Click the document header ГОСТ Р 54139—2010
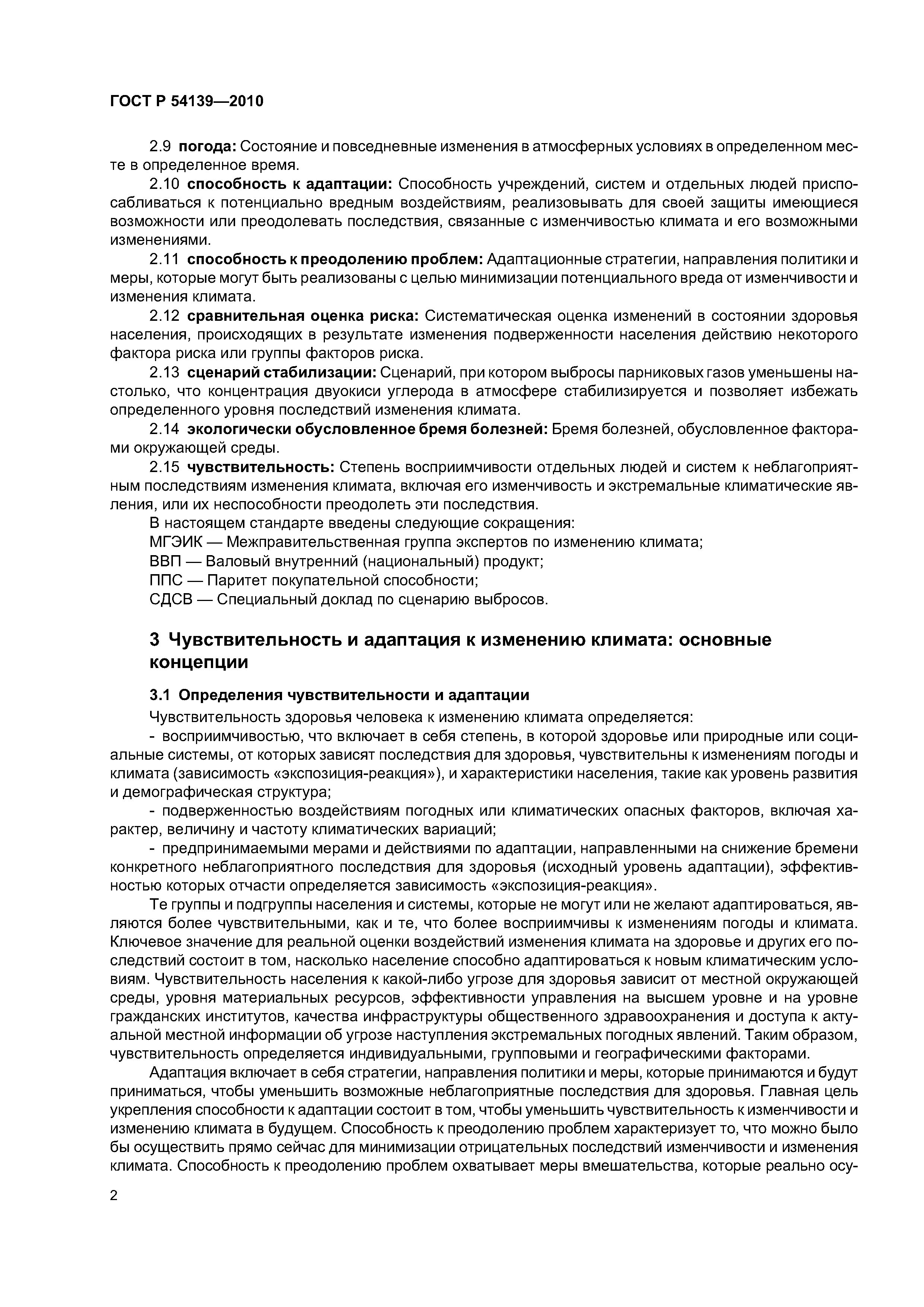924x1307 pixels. pos(187,101)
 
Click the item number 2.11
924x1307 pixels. pos(164,260)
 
